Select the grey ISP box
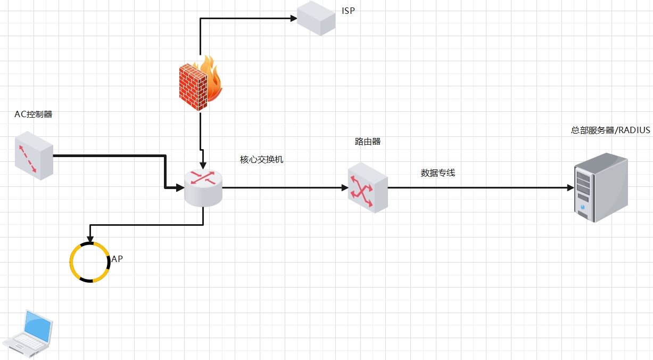(x=316, y=18)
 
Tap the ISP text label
(x=348, y=11)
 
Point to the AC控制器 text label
(x=34, y=114)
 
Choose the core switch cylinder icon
(x=203, y=188)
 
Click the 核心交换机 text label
(x=262, y=159)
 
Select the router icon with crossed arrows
(x=367, y=188)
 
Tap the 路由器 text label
(x=368, y=142)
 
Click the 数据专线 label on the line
(x=438, y=173)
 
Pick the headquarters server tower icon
(x=600, y=187)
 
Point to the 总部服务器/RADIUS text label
(x=610, y=130)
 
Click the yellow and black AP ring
(x=90, y=261)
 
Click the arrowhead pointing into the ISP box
(x=293, y=18)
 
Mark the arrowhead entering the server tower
(x=570, y=187)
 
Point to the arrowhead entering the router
(x=344, y=187)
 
